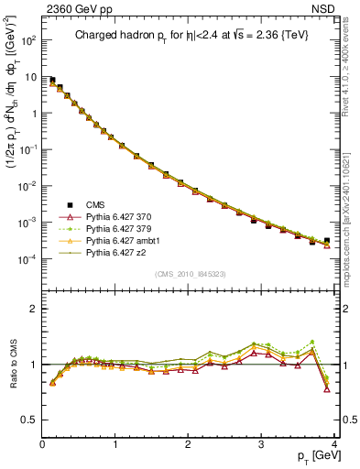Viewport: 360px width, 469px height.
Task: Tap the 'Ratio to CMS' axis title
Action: pos(12,365)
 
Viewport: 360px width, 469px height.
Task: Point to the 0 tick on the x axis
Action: pos(42,443)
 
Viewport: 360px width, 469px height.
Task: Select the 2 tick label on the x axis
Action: pos(189,443)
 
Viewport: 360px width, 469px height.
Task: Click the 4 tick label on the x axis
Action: pos(334,443)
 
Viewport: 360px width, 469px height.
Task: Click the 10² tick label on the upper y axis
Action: pos(27,40)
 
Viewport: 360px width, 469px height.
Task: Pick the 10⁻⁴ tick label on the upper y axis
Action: pos(26,259)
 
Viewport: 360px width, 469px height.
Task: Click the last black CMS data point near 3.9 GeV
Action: pos(327,241)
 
